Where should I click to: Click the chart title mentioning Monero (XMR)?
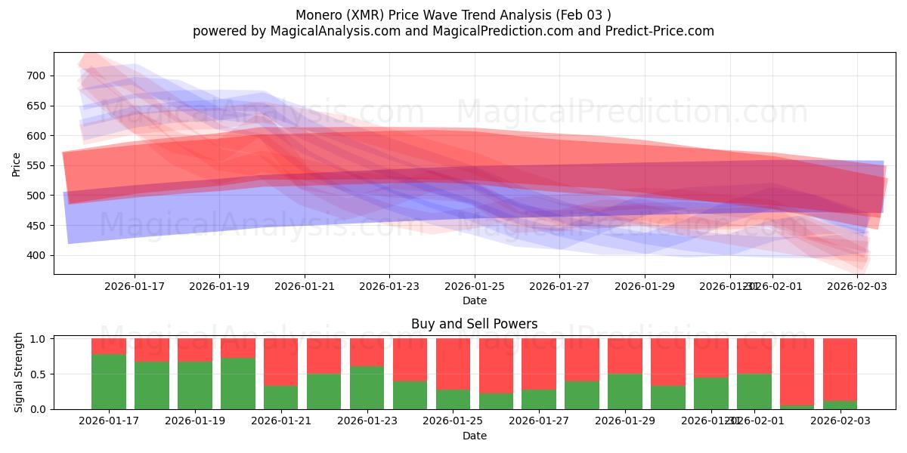[x=453, y=14]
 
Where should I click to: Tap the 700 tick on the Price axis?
[x=36, y=75]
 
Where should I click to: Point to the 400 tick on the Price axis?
[x=36, y=255]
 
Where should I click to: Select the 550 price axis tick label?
[x=36, y=165]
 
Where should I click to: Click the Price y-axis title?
[x=17, y=164]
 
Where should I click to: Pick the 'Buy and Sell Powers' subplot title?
[x=474, y=324]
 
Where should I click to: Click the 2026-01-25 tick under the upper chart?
[x=475, y=286]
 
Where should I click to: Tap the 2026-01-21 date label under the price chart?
[x=305, y=286]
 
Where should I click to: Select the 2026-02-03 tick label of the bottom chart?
[x=840, y=421]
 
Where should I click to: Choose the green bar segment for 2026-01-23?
[x=367, y=387]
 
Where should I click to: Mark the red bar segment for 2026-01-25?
[x=453, y=363]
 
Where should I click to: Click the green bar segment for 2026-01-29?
[x=625, y=391]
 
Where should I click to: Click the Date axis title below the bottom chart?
[x=474, y=436]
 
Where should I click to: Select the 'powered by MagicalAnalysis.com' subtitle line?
[x=453, y=31]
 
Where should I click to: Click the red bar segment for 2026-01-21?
[x=280, y=362]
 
